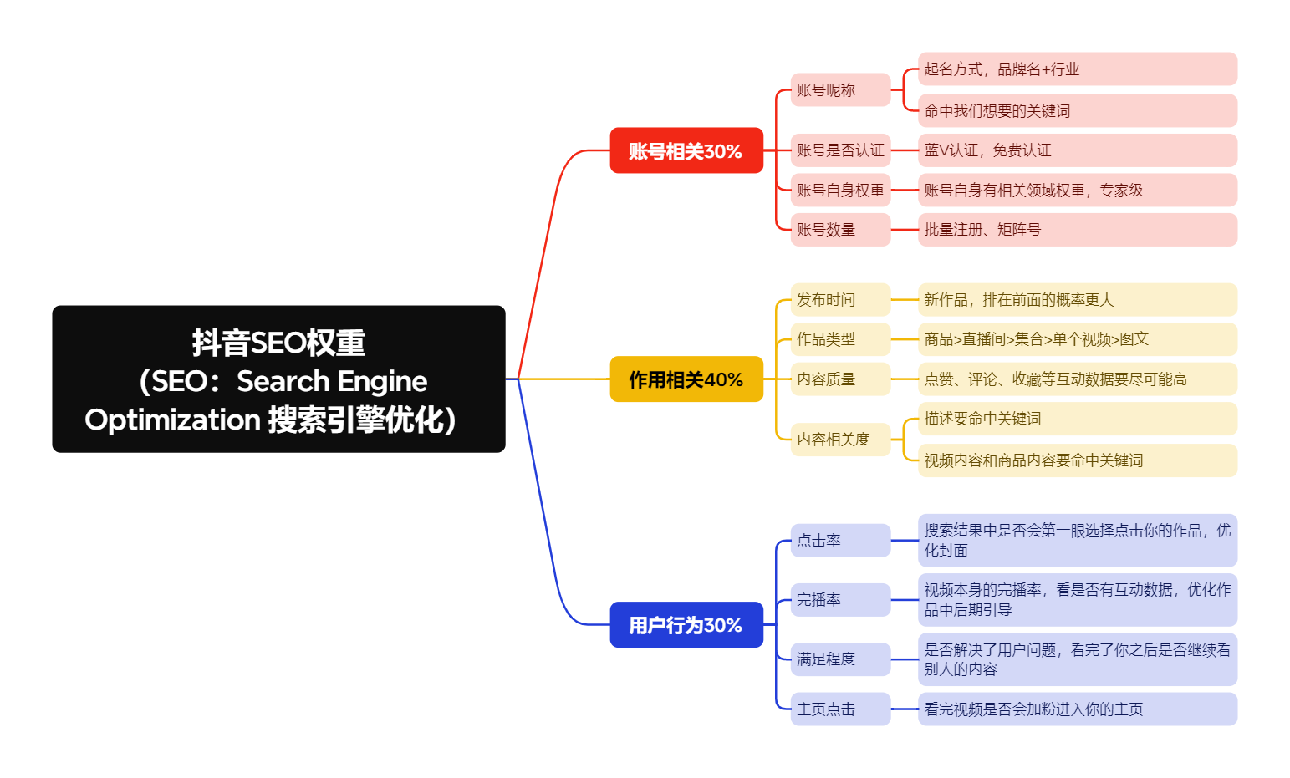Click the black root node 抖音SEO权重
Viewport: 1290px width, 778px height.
coord(278,379)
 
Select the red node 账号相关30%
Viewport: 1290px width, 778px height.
coord(686,150)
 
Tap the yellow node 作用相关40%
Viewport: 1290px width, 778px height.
coord(686,379)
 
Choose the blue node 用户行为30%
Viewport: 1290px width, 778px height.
coord(686,624)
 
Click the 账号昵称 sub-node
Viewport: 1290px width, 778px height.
coord(840,89)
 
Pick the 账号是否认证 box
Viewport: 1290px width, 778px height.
coord(840,150)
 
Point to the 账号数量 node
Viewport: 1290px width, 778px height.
coord(840,230)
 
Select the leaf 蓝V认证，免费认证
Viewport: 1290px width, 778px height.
coord(1077,150)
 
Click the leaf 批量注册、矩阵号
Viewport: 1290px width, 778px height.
coord(1077,230)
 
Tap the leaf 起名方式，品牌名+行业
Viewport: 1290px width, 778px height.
coord(1077,69)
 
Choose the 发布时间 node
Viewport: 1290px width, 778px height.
coord(840,300)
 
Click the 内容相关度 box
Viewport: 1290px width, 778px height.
coord(840,439)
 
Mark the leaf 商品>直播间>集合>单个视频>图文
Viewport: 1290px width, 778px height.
coord(1077,339)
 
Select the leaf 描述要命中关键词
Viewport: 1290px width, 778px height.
coord(1077,419)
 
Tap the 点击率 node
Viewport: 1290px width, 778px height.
coord(840,541)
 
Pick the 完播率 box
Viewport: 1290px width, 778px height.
coord(840,600)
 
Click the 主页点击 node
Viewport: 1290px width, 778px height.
coord(840,709)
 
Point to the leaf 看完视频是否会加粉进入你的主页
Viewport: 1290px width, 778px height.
coord(1077,709)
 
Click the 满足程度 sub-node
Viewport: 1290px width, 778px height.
coord(840,659)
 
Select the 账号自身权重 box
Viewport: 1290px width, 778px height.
coord(840,191)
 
